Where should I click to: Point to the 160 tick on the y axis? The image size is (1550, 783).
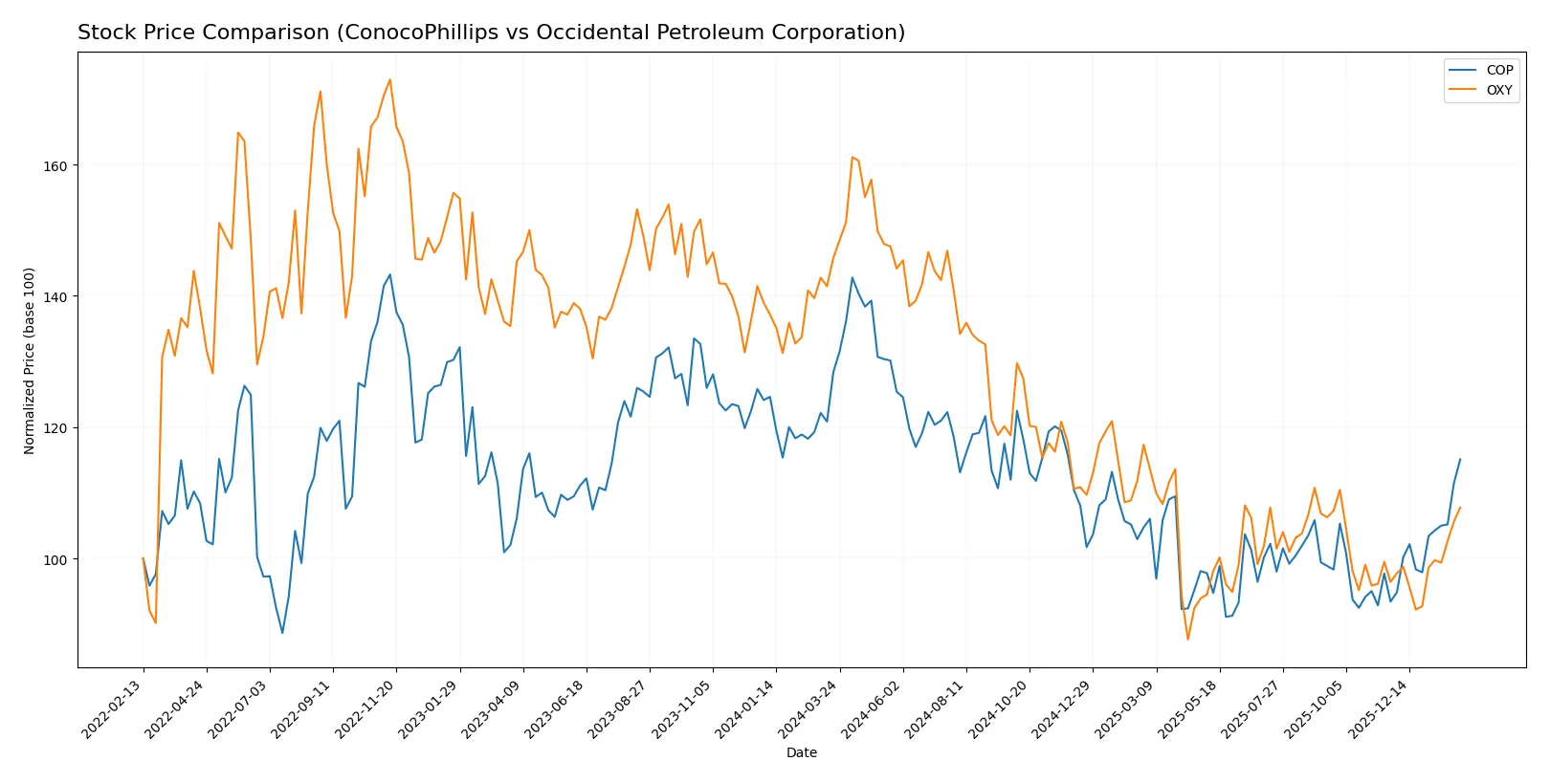(55, 165)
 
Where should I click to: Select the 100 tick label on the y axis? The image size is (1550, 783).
(55, 559)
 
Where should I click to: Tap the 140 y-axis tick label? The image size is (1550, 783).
(55, 297)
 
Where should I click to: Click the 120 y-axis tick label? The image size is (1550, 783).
(55, 428)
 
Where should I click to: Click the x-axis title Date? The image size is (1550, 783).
(801, 753)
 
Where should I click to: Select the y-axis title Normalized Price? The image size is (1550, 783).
(30, 360)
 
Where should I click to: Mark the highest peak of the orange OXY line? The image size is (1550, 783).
(389, 79)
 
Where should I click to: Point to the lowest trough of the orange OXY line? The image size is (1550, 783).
(1187, 639)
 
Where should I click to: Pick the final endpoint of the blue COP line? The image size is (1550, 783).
(1460, 459)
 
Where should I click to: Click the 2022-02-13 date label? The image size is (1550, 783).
(112, 709)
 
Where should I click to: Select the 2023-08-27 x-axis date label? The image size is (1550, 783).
(618, 709)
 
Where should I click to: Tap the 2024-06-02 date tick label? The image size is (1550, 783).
(872, 709)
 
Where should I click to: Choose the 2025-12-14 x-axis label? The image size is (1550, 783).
(1378, 709)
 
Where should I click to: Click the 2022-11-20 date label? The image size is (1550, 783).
(365, 709)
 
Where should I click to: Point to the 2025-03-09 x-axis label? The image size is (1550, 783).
(1125, 709)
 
